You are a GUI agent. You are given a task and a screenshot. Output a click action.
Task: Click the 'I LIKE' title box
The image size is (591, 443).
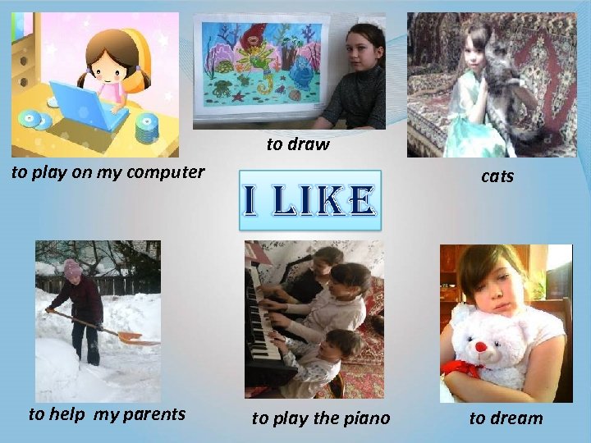(x=309, y=199)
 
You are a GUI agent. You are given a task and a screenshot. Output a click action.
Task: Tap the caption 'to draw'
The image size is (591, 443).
(x=297, y=144)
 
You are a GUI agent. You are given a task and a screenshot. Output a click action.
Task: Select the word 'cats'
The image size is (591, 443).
(x=497, y=176)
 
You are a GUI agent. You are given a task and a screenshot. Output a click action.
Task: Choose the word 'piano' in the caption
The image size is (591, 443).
(x=366, y=418)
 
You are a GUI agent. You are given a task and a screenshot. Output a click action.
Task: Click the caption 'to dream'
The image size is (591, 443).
(x=506, y=418)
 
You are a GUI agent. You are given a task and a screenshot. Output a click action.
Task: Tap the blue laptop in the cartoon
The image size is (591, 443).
(x=86, y=104)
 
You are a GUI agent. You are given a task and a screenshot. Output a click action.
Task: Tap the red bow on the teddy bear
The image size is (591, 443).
(x=456, y=368)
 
